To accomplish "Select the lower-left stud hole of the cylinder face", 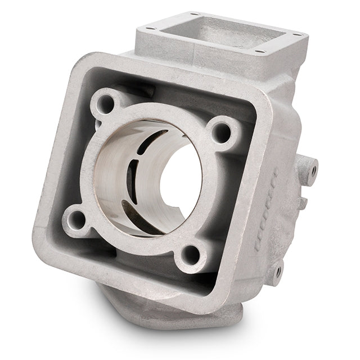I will click(x=75, y=219).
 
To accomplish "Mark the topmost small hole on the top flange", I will click(x=194, y=14).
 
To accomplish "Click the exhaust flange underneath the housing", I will click(x=169, y=312).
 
